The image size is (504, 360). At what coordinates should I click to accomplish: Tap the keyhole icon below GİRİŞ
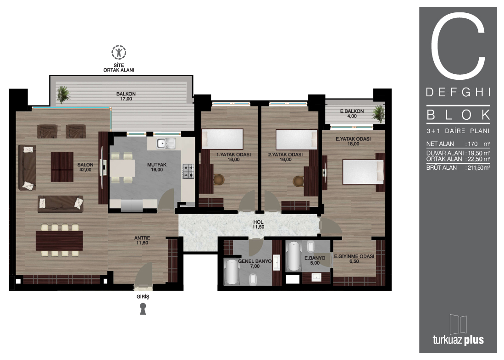(143, 309)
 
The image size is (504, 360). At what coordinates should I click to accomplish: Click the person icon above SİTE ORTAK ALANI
(119, 52)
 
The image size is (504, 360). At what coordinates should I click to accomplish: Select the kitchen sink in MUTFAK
(166, 144)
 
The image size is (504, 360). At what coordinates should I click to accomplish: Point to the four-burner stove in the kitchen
(188, 171)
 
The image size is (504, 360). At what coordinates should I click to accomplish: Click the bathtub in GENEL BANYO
(232, 272)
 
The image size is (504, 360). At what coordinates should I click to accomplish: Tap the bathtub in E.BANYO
(294, 256)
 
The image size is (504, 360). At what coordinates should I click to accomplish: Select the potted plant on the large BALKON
(63, 94)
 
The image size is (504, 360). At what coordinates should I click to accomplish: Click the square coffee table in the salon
(62, 167)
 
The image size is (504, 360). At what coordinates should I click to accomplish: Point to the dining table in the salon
(60, 240)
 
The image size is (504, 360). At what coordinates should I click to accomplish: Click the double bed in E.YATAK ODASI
(363, 172)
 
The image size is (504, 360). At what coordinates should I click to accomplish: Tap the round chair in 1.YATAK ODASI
(219, 180)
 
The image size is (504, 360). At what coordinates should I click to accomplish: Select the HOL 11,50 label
(259, 224)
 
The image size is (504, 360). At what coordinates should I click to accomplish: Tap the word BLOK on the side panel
(458, 115)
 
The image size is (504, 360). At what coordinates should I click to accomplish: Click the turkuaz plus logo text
(458, 339)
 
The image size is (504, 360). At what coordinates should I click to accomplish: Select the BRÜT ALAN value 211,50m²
(479, 167)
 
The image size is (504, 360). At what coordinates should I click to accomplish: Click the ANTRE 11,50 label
(142, 240)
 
